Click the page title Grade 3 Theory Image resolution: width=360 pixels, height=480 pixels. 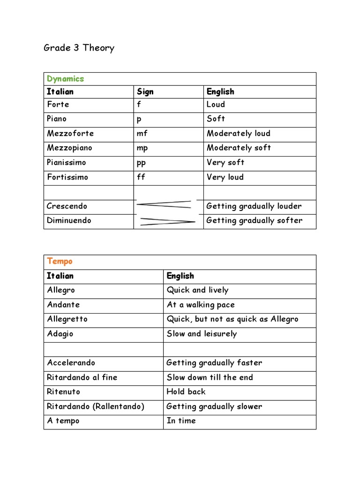click(79, 48)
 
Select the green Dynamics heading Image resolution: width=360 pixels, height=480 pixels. click(65, 79)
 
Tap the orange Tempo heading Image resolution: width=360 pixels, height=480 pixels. click(60, 261)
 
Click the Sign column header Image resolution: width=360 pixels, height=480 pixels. click(145, 91)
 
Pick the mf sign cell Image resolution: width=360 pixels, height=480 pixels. click(142, 133)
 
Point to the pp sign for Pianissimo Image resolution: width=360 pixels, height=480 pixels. click(141, 163)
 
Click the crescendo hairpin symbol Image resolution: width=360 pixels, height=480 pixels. click(164, 204)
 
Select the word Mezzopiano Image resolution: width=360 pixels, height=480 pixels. click(69, 148)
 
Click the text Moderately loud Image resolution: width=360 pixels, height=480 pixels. click(238, 133)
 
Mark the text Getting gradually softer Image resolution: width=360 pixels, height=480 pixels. click(254, 220)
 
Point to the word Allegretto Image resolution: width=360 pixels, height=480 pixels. click(67, 319)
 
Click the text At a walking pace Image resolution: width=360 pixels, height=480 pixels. click(201, 305)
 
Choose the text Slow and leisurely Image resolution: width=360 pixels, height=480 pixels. click(202, 334)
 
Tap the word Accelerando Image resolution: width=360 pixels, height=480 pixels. click(71, 362)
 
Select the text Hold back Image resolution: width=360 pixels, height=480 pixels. click(186, 391)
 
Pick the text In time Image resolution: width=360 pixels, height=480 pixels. click(181, 420)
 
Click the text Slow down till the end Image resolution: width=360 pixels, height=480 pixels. click(210, 377)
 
